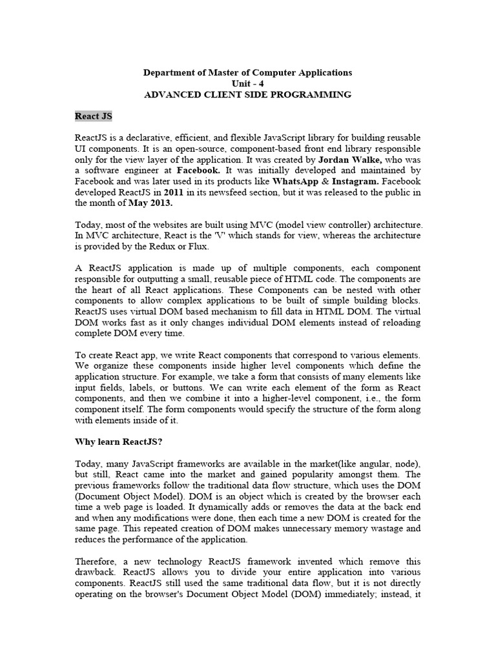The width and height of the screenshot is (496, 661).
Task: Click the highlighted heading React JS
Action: (94, 116)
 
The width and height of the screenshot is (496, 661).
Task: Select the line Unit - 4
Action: (248, 83)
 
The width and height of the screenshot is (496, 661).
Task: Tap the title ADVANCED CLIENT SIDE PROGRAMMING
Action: (248, 94)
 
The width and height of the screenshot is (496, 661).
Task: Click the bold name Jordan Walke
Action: (349, 159)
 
